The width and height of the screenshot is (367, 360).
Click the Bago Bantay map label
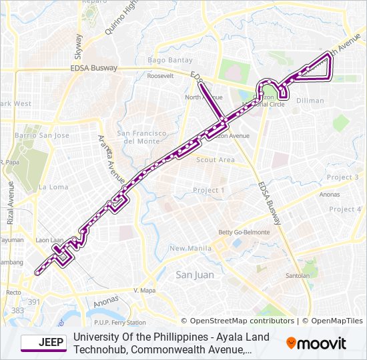click(x=170, y=61)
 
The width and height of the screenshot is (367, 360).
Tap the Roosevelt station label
click(x=159, y=76)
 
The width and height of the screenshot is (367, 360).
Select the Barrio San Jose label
click(x=43, y=135)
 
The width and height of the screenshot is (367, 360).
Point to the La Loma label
click(x=53, y=187)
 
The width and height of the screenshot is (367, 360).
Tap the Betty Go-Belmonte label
click(x=244, y=232)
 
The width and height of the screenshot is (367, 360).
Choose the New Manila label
click(x=186, y=249)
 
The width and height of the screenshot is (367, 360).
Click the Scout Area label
click(x=215, y=160)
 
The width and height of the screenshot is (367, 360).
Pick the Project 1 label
click(x=209, y=191)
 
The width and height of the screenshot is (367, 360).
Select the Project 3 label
click(x=344, y=177)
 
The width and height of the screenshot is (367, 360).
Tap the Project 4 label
click(x=346, y=209)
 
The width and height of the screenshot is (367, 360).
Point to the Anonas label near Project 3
click(x=330, y=195)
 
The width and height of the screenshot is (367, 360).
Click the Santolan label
click(x=297, y=275)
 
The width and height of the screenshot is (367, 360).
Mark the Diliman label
click(x=310, y=101)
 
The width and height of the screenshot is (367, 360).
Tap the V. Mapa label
click(x=144, y=291)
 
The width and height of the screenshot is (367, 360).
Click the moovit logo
click(x=316, y=343)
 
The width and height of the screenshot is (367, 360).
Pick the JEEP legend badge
click(x=43, y=343)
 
